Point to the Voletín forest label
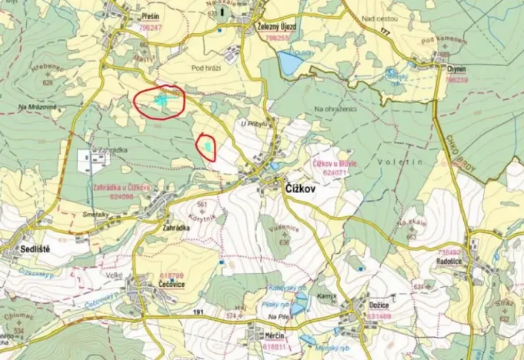[394, 162]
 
